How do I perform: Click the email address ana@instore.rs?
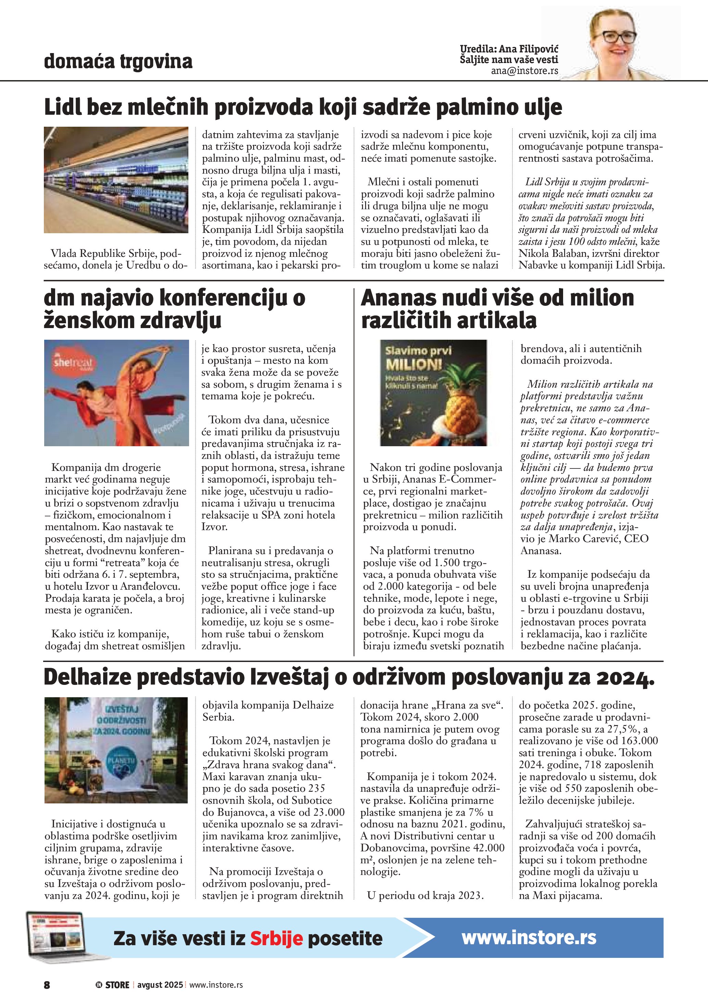pyautogui.click(x=524, y=71)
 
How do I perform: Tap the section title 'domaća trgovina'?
pyautogui.click(x=118, y=61)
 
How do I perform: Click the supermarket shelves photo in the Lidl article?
pyautogui.click(x=116, y=180)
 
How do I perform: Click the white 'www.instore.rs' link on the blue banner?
pyautogui.click(x=529, y=937)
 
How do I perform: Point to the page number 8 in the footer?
pyautogui.click(x=47, y=985)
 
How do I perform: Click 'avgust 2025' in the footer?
pyautogui.click(x=160, y=985)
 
